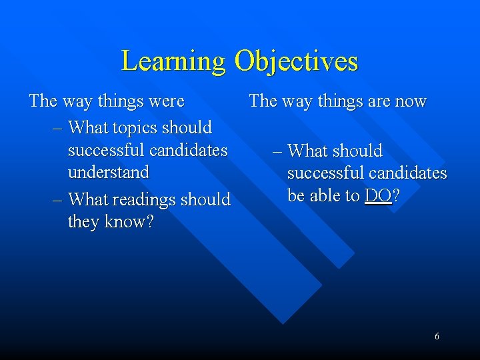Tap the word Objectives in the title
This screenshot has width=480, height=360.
point(296,61)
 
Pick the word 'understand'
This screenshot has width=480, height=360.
point(109,172)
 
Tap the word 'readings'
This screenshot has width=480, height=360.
point(139,199)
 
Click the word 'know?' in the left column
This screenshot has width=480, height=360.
point(129,221)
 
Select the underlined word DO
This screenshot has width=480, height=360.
point(378,196)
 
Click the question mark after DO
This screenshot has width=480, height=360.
point(397,196)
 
